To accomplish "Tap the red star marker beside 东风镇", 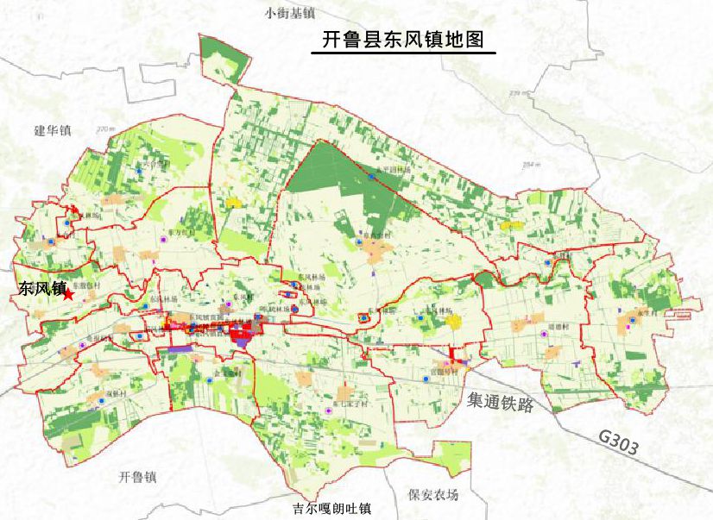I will (x=69, y=295).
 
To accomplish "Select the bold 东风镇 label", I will (x=40, y=290).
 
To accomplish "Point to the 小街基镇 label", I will (x=290, y=13).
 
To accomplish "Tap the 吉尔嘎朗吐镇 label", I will (x=331, y=509).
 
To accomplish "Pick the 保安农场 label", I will (x=433, y=495).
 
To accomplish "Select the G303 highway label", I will (x=619, y=443).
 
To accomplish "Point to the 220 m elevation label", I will (x=105, y=128).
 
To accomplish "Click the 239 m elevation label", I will (x=519, y=93).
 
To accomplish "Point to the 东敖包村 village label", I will (x=86, y=284).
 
